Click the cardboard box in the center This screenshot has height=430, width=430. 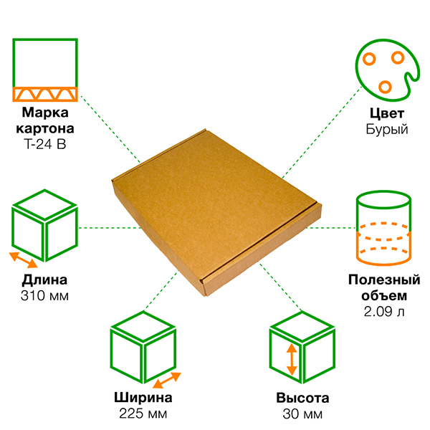tap(216, 213)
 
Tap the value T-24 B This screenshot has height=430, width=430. tap(45, 144)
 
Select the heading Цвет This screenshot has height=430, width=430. tap(387, 113)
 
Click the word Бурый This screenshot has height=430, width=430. tap(387, 129)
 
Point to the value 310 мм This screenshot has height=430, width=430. tap(44, 295)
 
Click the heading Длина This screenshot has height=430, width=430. tap(44, 280)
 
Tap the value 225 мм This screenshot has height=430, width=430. tap(143, 414)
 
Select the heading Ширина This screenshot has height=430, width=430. tap(143, 397)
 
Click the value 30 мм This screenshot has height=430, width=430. tap(302, 414)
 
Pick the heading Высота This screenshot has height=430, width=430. tap(302, 398)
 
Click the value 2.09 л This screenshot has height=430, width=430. tap(384, 312)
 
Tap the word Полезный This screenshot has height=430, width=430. tap(384, 279)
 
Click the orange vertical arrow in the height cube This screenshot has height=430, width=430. tap(292, 360)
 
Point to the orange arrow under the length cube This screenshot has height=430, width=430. tap(24, 260)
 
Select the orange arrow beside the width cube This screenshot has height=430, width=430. tap(167, 380)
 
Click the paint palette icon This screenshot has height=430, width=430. tap(387, 70)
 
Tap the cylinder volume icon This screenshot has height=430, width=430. tap(383, 228)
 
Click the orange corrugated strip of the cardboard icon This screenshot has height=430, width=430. tap(45, 94)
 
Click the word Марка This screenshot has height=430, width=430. tap(45, 113)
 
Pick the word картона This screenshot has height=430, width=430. tap(45, 128)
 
